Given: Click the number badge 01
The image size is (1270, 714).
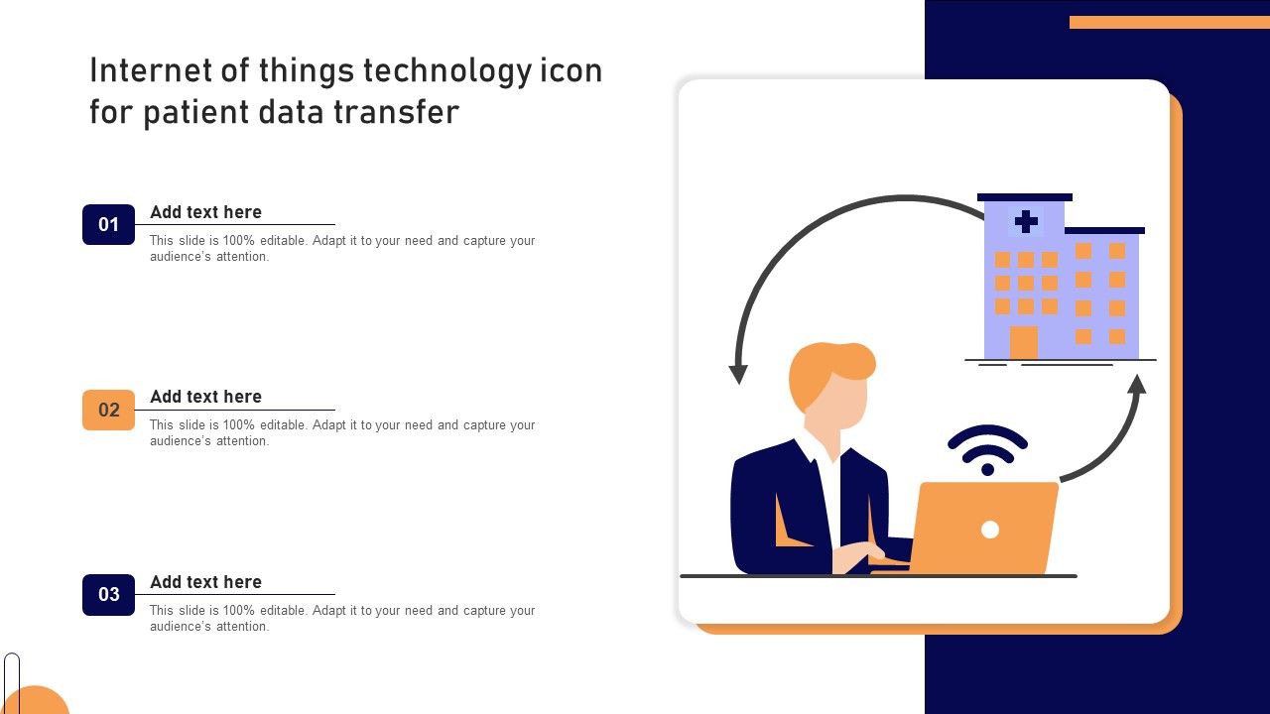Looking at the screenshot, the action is [x=108, y=224].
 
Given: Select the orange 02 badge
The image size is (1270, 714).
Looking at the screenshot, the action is [x=108, y=410].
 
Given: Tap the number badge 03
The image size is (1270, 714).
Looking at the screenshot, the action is [x=108, y=594].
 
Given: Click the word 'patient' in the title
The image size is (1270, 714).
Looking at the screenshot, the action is [x=196, y=112].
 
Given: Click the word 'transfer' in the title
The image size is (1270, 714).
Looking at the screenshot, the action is [x=396, y=111].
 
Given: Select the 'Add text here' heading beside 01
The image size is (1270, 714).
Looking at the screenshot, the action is [x=205, y=212].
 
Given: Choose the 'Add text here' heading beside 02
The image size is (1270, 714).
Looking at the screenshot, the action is [x=205, y=397].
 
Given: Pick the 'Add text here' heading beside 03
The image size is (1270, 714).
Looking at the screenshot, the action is [x=205, y=582].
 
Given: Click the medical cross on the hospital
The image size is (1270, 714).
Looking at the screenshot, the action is [x=1026, y=221].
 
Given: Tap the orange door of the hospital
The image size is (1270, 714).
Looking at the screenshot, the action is [x=1023, y=342].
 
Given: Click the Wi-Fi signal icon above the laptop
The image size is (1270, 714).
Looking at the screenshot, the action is [x=987, y=449].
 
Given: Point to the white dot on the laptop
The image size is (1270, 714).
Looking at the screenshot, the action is [x=990, y=530].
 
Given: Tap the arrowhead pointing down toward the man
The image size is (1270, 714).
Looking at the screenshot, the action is [x=738, y=374].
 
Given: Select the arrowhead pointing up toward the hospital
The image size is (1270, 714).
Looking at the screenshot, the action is [x=1137, y=384].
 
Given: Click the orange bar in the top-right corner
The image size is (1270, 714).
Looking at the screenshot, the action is [x=1170, y=22].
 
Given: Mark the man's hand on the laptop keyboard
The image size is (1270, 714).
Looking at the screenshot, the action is [x=857, y=555].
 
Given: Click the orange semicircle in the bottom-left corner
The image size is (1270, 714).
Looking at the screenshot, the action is [x=35, y=700].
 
